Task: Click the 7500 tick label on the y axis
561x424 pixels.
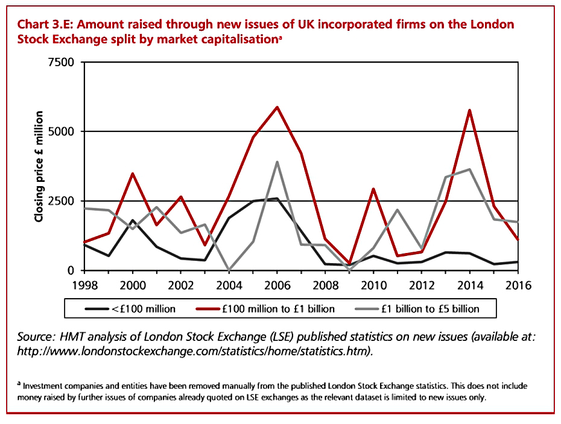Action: pyautogui.click(x=61, y=62)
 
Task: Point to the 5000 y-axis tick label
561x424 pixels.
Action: pyautogui.click(x=61, y=131)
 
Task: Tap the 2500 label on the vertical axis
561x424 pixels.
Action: pyautogui.click(x=61, y=201)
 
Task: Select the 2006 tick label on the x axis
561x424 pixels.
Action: pyautogui.click(x=277, y=285)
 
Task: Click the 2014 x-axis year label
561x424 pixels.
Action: pyautogui.click(x=470, y=285)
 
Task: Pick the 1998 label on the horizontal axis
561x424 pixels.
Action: pyautogui.click(x=85, y=285)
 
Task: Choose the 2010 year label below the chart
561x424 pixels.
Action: pyautogui.click(x=373, y=285)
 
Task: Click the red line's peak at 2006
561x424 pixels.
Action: pyautogui.click(x=277, y=107)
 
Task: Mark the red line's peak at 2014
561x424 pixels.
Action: pyautogui.click(x=469, y=110)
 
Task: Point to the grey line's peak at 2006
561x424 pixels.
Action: pyautogui.click(x=277, y=162)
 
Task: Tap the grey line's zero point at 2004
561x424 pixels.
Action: pyautogui.click(x=229, y=270)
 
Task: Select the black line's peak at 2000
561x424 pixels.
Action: pyautogui.click(x=133, y=220)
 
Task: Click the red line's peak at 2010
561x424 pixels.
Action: pyautogui.click(x=373, y=189)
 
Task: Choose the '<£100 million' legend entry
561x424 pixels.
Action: pyautogui.click(x=130, y=308)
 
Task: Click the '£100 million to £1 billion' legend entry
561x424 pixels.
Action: pyautogui.click(x=265, y=308)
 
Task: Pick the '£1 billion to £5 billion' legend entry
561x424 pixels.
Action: pyautogui.click(x=417, y=308)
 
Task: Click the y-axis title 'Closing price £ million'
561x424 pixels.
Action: pyautogui.click(x=39, y=166)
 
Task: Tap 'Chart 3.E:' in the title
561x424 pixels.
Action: pyautogui.click(x=45, y=24)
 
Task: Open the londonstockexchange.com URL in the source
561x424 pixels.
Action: pyautogui.click(x=195, y=351)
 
